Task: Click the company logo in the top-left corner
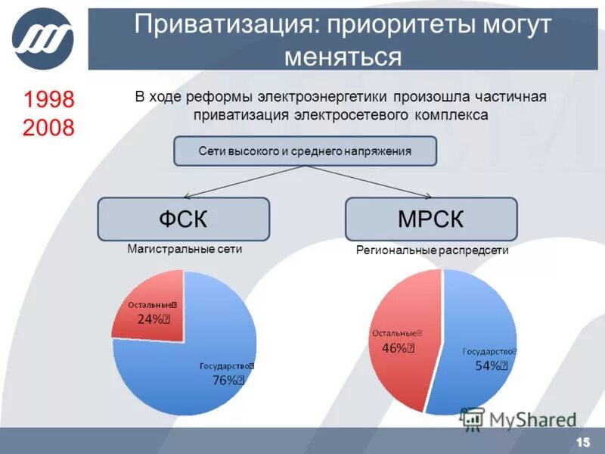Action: coord(43,38)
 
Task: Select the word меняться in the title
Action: coord(342,56)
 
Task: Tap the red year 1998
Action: coord(48,99)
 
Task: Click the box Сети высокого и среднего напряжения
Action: coord(306,151)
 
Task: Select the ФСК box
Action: coord(183,219)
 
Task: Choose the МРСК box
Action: coord(431,219)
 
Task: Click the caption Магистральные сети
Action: coord(185,250)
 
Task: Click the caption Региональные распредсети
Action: coord(432,250)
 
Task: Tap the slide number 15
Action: coord(583,442)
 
